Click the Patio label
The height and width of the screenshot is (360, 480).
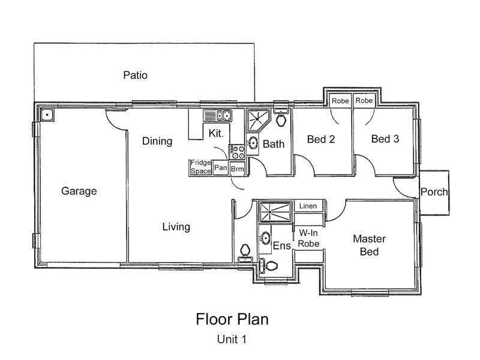pyautogui.click(x=136, y=76)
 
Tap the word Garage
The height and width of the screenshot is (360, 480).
pyautogui.click(x=79, y=191)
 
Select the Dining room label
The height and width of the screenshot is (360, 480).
pyautogui.click(x=157, y=141)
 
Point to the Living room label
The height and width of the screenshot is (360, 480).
pyautogui.click(x=176, y=227)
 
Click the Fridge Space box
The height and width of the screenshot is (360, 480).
pyautogui.click(x=200, y=167)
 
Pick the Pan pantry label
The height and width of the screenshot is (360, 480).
pyautogui.click(x=220, y=168)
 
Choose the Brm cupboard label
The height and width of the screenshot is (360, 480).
pyautogui.click(x=237, y=169)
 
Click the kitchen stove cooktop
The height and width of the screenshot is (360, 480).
pyautogui.click(x=237, y=152)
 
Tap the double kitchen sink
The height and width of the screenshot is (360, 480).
pyautogui.click(x=218, y=116)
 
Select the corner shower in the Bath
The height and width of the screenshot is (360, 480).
pyautogui.click(x=258, y=121)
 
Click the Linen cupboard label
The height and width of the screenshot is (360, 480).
pyautogui.click(x=308, y=206)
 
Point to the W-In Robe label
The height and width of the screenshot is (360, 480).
pyautogui.click(x=308, y=238)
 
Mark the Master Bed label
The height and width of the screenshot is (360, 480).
pyautogui.click(x=369, y=245)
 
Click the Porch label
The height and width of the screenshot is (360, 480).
pyautogui.click(x=434, y=192)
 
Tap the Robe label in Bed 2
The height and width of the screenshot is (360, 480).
pyautogui.click(x=340, y=101)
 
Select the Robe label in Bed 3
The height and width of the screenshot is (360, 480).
pyautogui.click(x=364, y=100)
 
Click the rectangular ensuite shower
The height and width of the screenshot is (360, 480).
pyautogui.click(x=275, y=212)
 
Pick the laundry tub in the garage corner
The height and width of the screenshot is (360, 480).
pyautogui.click(x=47, y=115)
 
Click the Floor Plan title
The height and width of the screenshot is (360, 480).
pyautogui.click(x=232, y=319)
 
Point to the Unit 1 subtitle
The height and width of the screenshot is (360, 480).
pyautogui.click(x=232, y=339)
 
